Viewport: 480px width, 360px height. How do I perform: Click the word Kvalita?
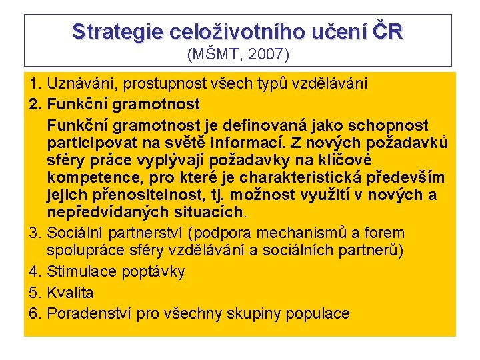(x=71, y=293)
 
